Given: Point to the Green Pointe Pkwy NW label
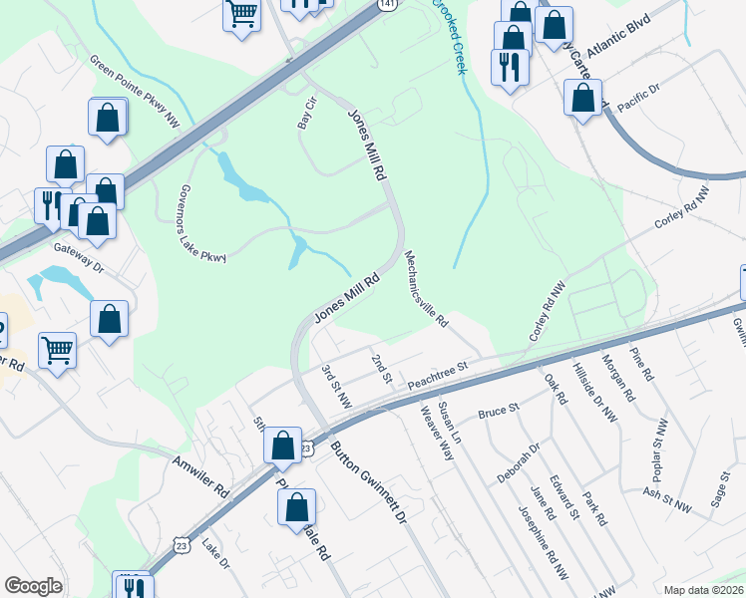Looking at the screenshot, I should [x=134, y=88].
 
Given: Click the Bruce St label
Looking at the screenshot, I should [x=500, y=409].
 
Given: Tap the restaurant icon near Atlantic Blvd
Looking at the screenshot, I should [x=509, y=67].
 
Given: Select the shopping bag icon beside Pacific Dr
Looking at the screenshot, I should [x=582, y=99].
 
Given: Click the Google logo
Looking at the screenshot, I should [x=32, y=586].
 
